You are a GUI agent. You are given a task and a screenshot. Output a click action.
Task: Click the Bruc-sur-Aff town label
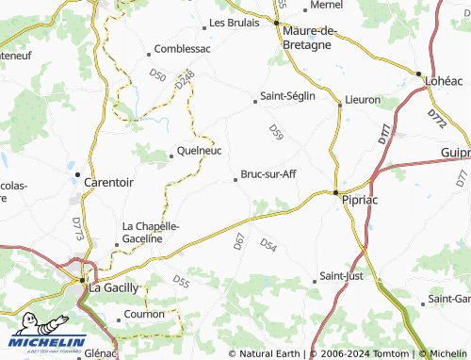[x=269, y=174]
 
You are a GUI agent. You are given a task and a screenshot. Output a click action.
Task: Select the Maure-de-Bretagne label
[x=310, y=37]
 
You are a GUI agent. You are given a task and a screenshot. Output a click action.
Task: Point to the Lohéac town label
[x=444, y=82]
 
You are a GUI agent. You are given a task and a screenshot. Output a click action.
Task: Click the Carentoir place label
[x=109, y=183]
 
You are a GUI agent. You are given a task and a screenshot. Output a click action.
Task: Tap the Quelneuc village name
[x=199, y=148]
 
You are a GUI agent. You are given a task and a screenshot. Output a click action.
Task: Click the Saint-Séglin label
[x=287, y=96]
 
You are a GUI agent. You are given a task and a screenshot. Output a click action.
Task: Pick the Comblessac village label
[x=182, y=48]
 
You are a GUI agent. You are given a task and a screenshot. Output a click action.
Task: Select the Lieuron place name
[x=363, y=99]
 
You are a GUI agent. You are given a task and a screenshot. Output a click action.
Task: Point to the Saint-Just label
[x=342, y=276]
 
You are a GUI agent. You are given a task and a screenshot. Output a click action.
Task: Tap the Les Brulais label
[x=234, y=23]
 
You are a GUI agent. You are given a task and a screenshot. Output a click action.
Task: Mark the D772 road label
[x=436, y=119]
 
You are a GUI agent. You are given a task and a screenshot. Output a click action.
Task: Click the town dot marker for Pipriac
[x=336, y=192]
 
